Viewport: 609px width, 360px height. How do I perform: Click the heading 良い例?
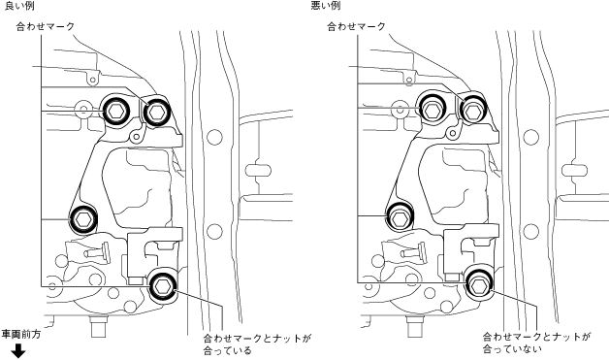pyautogui.click(x=18, y=6)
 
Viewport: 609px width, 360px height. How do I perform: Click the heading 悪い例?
pyautogui.click(x=326, y=6)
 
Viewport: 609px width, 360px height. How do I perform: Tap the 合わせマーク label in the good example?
pyautogui.click(x=45, y=26)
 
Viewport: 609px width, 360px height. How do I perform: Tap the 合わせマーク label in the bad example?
pyautogui.click(x=356, y=26)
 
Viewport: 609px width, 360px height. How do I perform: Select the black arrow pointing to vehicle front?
pyautogui.click(x=17, y=352)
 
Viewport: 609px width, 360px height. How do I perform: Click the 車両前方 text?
pyautogui.click(x=21, y=335)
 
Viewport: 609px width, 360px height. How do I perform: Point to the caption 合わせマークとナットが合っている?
pyautogui.click(x=257, y=344)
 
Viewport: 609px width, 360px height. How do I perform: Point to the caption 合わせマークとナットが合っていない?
pyautogui.click(x=536, y=343)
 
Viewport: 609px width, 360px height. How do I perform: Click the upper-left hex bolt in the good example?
pyautogui.click(x=116, y=112)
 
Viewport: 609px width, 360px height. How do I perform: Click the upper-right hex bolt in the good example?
pyautogui.click(x=156, y=112)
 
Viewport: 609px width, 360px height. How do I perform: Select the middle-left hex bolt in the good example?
pyautogui.click(x=83, y=219)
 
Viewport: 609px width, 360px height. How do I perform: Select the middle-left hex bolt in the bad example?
pyautogui.click(x=399, y=218)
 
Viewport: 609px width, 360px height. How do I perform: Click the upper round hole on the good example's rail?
pyautogui.click(x=214, y=137)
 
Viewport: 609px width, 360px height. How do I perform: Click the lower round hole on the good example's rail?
pyautogui.click(x=214, y=232)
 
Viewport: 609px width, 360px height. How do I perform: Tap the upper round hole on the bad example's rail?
pyautogui.click(x=530, y=137)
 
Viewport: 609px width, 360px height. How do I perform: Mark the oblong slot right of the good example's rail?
pyautogui.click(x=258, y=170)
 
